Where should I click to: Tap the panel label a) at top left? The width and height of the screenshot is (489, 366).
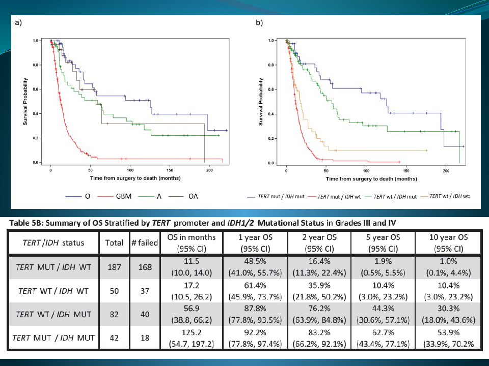18,23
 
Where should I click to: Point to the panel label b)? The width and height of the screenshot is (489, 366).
259,23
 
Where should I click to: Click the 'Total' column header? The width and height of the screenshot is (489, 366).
114,243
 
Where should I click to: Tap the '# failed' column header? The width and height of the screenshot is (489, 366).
145,243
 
